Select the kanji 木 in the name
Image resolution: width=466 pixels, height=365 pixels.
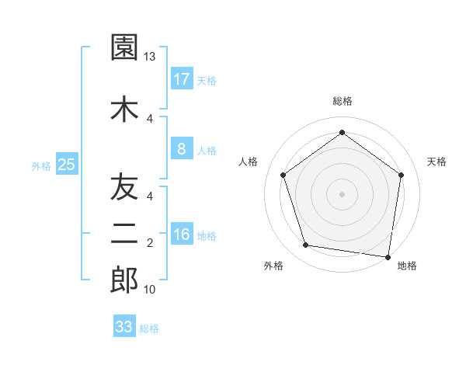[124, 109]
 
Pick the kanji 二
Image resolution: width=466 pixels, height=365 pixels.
[124, 234]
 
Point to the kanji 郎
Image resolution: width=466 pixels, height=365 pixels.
[124, 280]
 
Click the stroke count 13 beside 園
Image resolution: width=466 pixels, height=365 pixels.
[150, 57]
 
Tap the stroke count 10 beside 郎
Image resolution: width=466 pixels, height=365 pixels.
[150, 290]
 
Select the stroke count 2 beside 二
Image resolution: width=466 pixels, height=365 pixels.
[150, 243]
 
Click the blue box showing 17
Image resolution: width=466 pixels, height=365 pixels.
[181, 79]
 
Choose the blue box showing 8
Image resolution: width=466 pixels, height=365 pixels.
[181, 149]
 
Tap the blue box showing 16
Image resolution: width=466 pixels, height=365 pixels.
[181, 235]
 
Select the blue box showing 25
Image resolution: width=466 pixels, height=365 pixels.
[66, 165]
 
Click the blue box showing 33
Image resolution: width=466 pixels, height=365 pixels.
[124, 327]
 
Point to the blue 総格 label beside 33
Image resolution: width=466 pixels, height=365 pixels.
[149, 328]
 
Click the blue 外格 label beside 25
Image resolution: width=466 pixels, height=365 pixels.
[41, 165]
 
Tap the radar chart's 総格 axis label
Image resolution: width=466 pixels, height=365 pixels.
[342, 101]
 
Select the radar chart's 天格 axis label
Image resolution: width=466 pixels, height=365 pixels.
[436, 162]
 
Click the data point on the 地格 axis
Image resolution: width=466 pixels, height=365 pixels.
[388, 256]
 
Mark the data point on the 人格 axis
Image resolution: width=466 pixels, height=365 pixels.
[283, 175]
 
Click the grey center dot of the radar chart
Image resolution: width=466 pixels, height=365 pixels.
[342, 193]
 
